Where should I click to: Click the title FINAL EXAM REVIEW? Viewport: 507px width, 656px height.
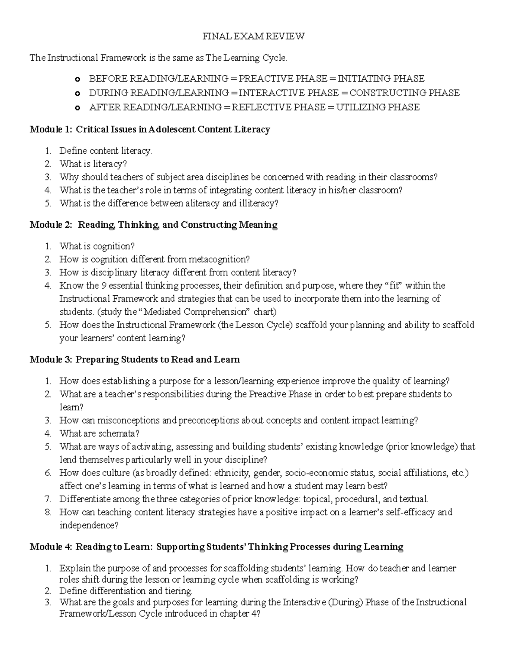point(253,36)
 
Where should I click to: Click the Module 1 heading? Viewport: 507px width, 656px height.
point(150,129)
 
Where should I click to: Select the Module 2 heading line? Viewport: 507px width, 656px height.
point(153,225)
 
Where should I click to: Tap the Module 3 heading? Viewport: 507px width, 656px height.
point(134,359)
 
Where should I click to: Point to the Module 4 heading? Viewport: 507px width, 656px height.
point(216,547)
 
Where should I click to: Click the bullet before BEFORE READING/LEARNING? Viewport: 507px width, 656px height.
point(77,79)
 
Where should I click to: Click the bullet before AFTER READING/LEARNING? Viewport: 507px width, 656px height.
point(77,108)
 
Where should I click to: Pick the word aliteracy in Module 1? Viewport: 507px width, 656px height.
point(202,203)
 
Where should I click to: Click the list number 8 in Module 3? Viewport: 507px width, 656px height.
point(48,512)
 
